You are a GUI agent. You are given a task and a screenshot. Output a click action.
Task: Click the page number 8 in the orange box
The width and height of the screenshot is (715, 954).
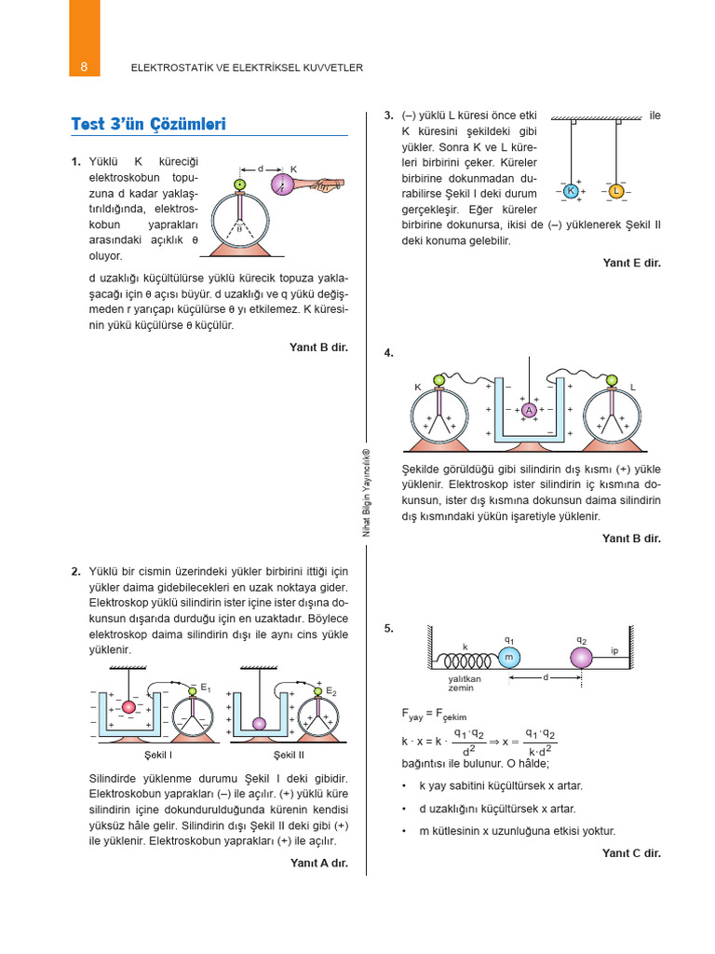point(84,67)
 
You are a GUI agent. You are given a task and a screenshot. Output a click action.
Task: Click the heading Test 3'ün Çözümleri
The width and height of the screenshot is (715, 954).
point(149,125)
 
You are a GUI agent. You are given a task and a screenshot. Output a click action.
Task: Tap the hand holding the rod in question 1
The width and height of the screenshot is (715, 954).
point(321,186)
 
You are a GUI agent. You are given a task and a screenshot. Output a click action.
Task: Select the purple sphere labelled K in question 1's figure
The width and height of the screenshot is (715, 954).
point(283,184)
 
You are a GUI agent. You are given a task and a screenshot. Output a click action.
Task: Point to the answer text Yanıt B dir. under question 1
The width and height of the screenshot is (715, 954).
point(318,348)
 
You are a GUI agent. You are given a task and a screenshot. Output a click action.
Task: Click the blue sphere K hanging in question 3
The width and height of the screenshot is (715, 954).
point(571,191)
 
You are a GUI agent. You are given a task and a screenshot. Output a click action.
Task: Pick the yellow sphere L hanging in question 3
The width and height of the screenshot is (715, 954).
point(615,191)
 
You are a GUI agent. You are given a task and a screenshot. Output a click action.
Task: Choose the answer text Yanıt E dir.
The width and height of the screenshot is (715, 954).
point(631,263)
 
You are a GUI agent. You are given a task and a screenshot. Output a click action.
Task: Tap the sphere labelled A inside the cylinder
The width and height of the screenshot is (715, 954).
point(529,409)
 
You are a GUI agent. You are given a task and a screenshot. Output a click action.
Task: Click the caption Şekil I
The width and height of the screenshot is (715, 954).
point(159,754)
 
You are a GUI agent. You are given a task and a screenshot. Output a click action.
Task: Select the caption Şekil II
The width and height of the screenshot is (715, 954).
point(289,754)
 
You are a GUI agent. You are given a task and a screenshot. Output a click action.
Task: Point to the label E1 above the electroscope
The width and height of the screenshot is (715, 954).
point(205,689)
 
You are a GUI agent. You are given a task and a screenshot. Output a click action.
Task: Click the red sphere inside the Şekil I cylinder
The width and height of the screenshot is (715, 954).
point(129,706)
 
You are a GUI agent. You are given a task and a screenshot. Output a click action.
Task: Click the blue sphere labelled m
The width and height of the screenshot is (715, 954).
point(508,658)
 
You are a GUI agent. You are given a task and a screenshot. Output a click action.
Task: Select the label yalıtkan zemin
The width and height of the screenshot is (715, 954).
point(465,683)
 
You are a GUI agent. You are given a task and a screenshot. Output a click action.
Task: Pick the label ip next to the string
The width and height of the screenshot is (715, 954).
point(614,649)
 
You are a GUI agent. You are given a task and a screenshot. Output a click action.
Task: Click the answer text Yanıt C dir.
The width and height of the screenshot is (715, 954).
point(631,852)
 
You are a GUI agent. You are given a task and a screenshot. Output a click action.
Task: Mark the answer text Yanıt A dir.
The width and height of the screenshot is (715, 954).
point(318,863)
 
